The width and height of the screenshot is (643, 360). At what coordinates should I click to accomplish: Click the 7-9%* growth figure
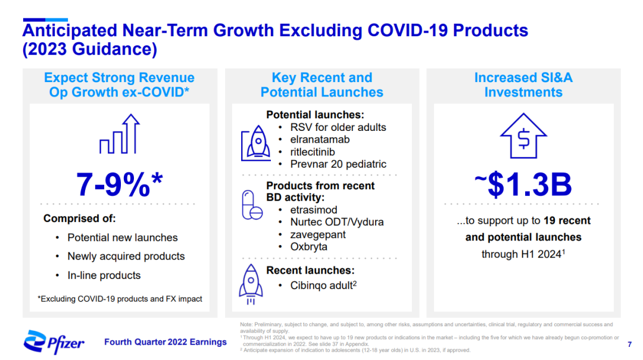pos(119,185)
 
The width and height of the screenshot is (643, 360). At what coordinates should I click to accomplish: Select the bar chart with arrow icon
pos(119,136)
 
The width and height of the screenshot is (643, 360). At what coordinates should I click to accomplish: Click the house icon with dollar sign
pos(523,136)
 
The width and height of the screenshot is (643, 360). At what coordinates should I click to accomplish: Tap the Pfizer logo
pos(54,342)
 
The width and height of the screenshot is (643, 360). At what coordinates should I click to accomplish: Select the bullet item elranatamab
pos(320,140)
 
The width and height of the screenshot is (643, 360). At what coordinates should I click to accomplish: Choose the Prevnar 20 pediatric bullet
pos(338,164)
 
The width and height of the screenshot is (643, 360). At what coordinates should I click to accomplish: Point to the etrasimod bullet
pos(314,210)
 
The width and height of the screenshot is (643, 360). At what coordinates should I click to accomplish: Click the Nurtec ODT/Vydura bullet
pos(337,222)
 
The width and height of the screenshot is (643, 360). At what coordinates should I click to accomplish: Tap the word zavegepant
pos(318,234)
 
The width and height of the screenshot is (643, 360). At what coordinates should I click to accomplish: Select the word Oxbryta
pos(308,247)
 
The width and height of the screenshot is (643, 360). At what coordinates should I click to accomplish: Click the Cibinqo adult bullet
pos(323,285)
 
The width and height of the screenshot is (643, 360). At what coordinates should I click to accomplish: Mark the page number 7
pos(630,345)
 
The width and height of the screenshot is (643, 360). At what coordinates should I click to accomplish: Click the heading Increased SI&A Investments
pos(523,85)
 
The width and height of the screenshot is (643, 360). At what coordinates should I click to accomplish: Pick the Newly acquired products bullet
pos(126,256)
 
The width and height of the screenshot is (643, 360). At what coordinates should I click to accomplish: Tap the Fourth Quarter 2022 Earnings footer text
pos(166,342)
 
